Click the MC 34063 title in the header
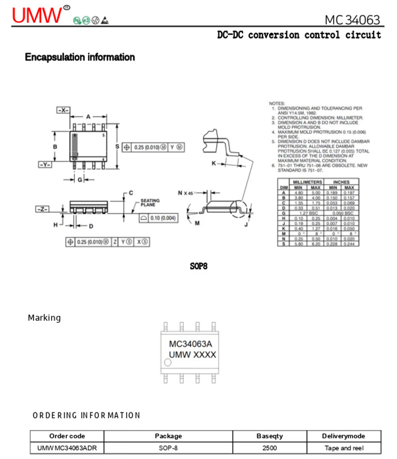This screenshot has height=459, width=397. point(352,20)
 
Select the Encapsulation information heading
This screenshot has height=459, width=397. point(80,57)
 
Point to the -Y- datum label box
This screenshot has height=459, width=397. point(45,164)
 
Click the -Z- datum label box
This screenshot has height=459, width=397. point(43,208)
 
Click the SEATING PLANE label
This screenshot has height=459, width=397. point(150,202)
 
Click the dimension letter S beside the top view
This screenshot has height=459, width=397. point(117,146)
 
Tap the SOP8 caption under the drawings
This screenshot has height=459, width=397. point(198,266)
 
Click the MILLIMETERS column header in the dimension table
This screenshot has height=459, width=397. point(307,182)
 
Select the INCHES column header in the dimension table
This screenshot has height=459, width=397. point(341,182)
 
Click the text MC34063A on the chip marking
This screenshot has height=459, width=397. point(190,344)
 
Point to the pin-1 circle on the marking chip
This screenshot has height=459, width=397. point(168,362)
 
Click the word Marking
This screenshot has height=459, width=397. point(44,318)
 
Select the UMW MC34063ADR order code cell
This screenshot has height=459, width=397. point(67,448)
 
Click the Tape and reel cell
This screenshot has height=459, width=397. point(344,448)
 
